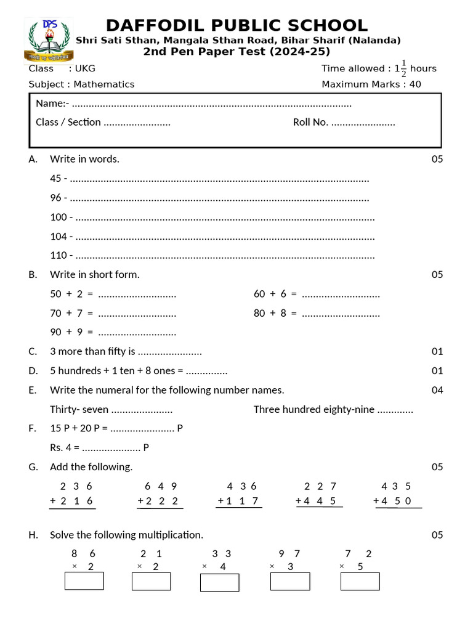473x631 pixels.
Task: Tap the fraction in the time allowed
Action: [403, 69]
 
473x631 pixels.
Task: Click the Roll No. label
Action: [310, 122]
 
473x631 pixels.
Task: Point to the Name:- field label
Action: [52, 103]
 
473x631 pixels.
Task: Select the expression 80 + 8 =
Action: [275, 313]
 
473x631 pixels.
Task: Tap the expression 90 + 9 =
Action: [71, 332]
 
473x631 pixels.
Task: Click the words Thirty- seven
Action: [79, 409]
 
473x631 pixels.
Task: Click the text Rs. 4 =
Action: [64, 447]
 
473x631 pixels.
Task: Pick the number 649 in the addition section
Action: [161, 486]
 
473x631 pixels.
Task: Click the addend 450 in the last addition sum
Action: [400, 501]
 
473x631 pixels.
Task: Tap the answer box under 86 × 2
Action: [84, 580]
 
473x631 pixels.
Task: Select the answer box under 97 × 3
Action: [289, 581]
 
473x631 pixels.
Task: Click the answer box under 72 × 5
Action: [360, 581]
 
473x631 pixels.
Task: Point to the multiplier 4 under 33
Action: [222, 566]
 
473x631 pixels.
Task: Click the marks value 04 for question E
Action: [437, 390]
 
